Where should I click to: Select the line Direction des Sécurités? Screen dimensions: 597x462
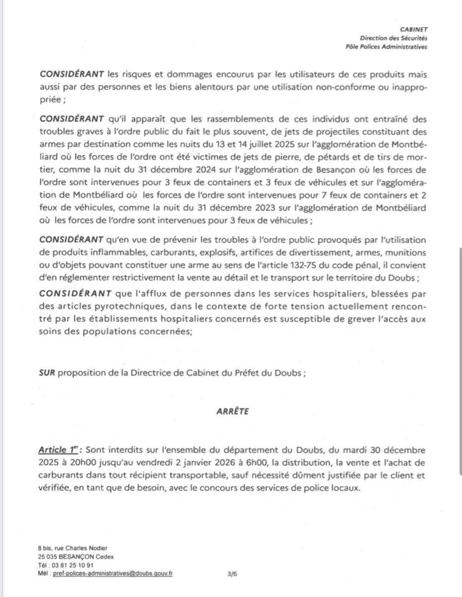(393, 38)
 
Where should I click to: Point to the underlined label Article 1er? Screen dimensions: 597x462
(58, 450)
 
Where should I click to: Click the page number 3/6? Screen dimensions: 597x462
(232, 574)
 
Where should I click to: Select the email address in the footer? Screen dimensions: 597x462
(119, 573)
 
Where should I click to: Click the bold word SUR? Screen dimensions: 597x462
(47, 373)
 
